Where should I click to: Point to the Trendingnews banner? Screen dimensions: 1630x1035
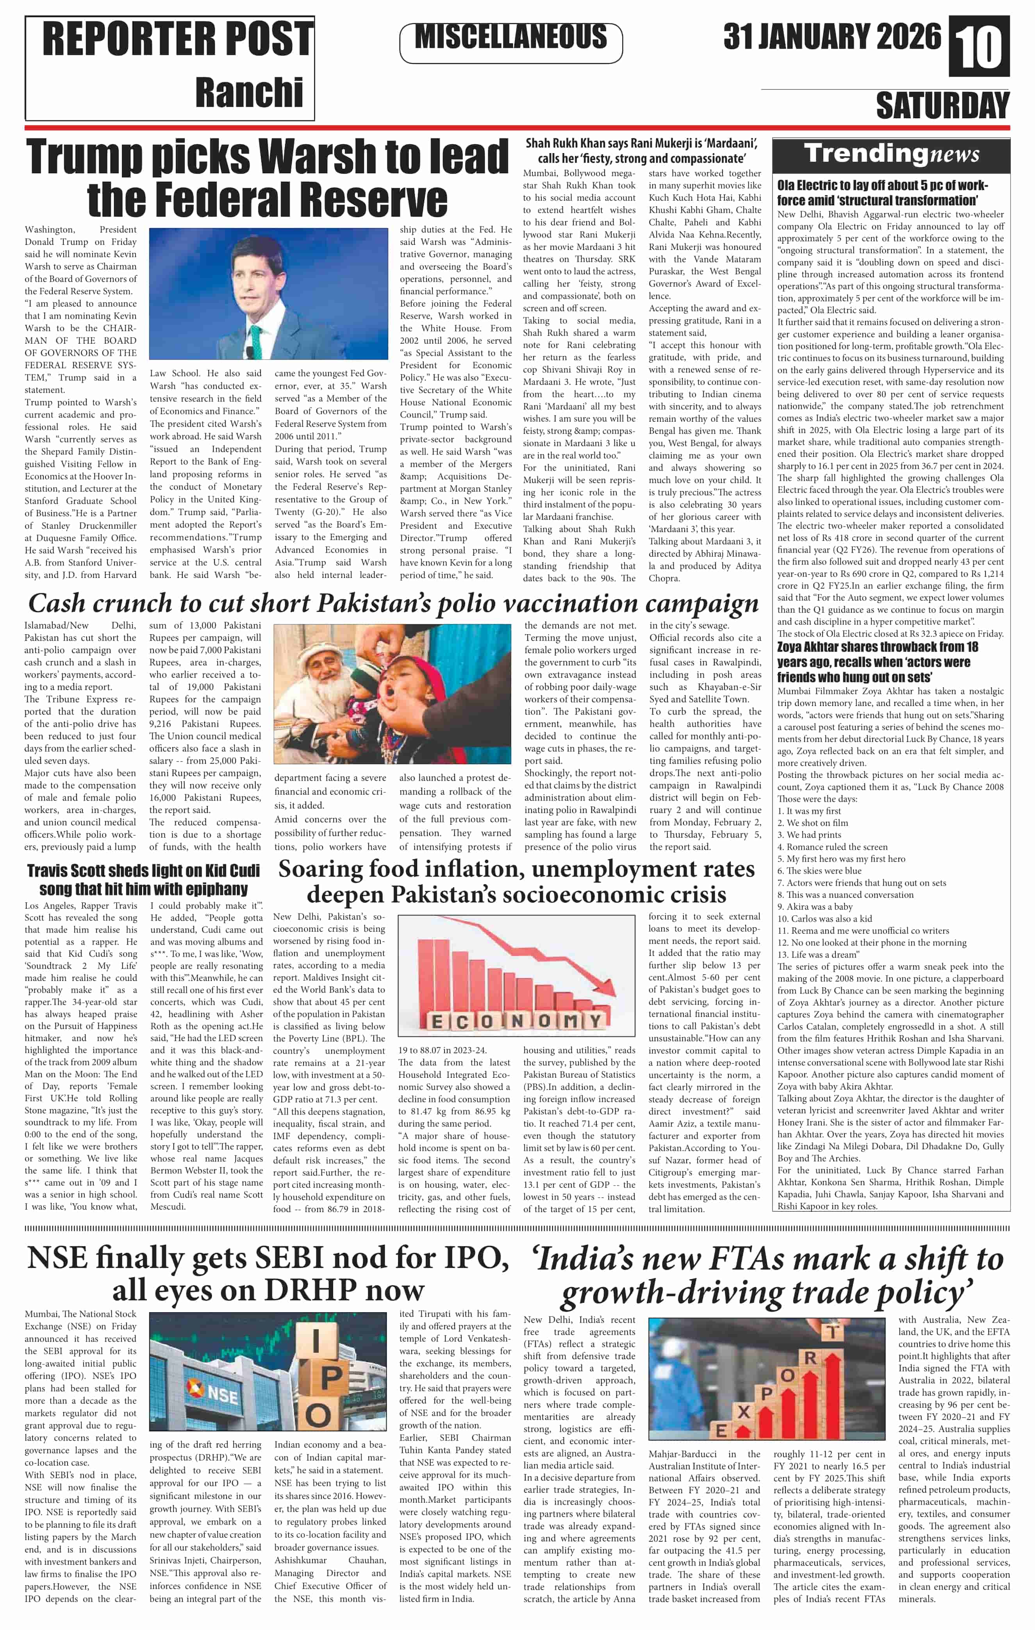pos(892,154)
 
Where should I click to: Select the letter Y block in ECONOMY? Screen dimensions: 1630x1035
pos(595,1022)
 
